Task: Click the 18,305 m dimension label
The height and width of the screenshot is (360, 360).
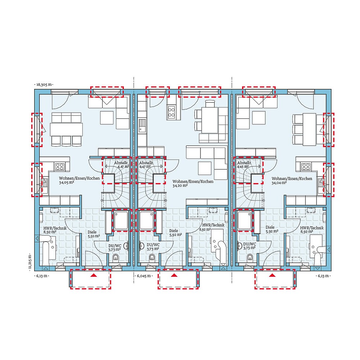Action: pyautogui.click(x=44, y=85)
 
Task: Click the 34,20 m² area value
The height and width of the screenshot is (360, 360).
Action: pyautogui.click(x=180, y=186)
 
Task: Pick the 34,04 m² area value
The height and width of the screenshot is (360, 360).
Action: pyautogui.click(x=279, y=183)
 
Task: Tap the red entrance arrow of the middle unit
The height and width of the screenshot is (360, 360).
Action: pyautogui.click(x=174, y=275)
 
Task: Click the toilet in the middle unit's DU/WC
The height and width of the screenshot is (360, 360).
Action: pyautogui.click(x=152, y=257)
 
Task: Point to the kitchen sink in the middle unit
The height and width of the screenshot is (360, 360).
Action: pyautogui.click(x=143, y=126)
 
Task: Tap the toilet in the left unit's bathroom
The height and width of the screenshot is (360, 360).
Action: pyautogui.click(x=116, y=257)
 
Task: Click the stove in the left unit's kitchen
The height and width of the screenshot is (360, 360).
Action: pyautogui.click(x=59, y=166)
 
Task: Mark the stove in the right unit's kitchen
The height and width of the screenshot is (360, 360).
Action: pyautogui.click(x=306, y=166)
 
